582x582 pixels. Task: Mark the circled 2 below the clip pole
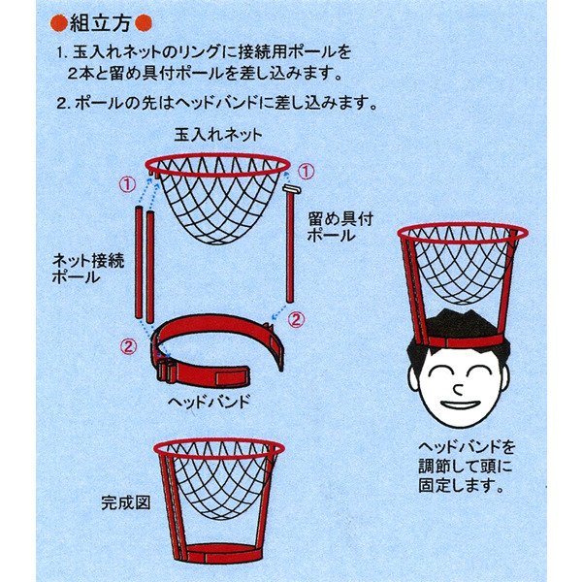[299, 317]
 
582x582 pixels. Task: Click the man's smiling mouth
[459, 404]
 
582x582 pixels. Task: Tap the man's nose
[458, 385]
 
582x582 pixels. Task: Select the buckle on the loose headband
[167, 370]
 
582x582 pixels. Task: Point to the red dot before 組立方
[57, 20]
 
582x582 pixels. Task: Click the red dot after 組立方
[144, 20]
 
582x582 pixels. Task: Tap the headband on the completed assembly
[218, 554]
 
